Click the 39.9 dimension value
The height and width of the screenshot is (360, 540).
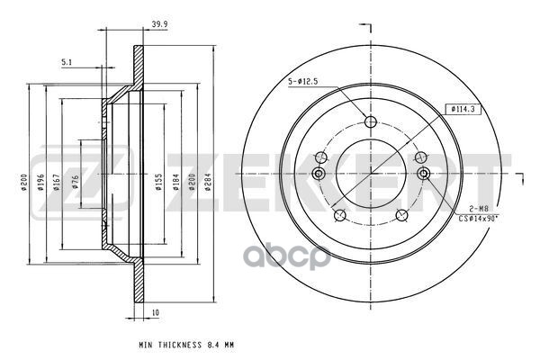point(159,24)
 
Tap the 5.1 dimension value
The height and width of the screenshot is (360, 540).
point(67,62)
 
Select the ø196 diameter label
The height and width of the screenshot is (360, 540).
point(41,183)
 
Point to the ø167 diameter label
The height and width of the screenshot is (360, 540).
point(57,182)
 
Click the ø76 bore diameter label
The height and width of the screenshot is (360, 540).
point(76,182)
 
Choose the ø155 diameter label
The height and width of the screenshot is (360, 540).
point(158,182)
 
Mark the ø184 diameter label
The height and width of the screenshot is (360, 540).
point(175,182)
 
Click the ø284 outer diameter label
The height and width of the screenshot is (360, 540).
point(208,182)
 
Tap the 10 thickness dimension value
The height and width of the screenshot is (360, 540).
point(156,312)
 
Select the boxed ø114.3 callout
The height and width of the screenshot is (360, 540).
point(463,109)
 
